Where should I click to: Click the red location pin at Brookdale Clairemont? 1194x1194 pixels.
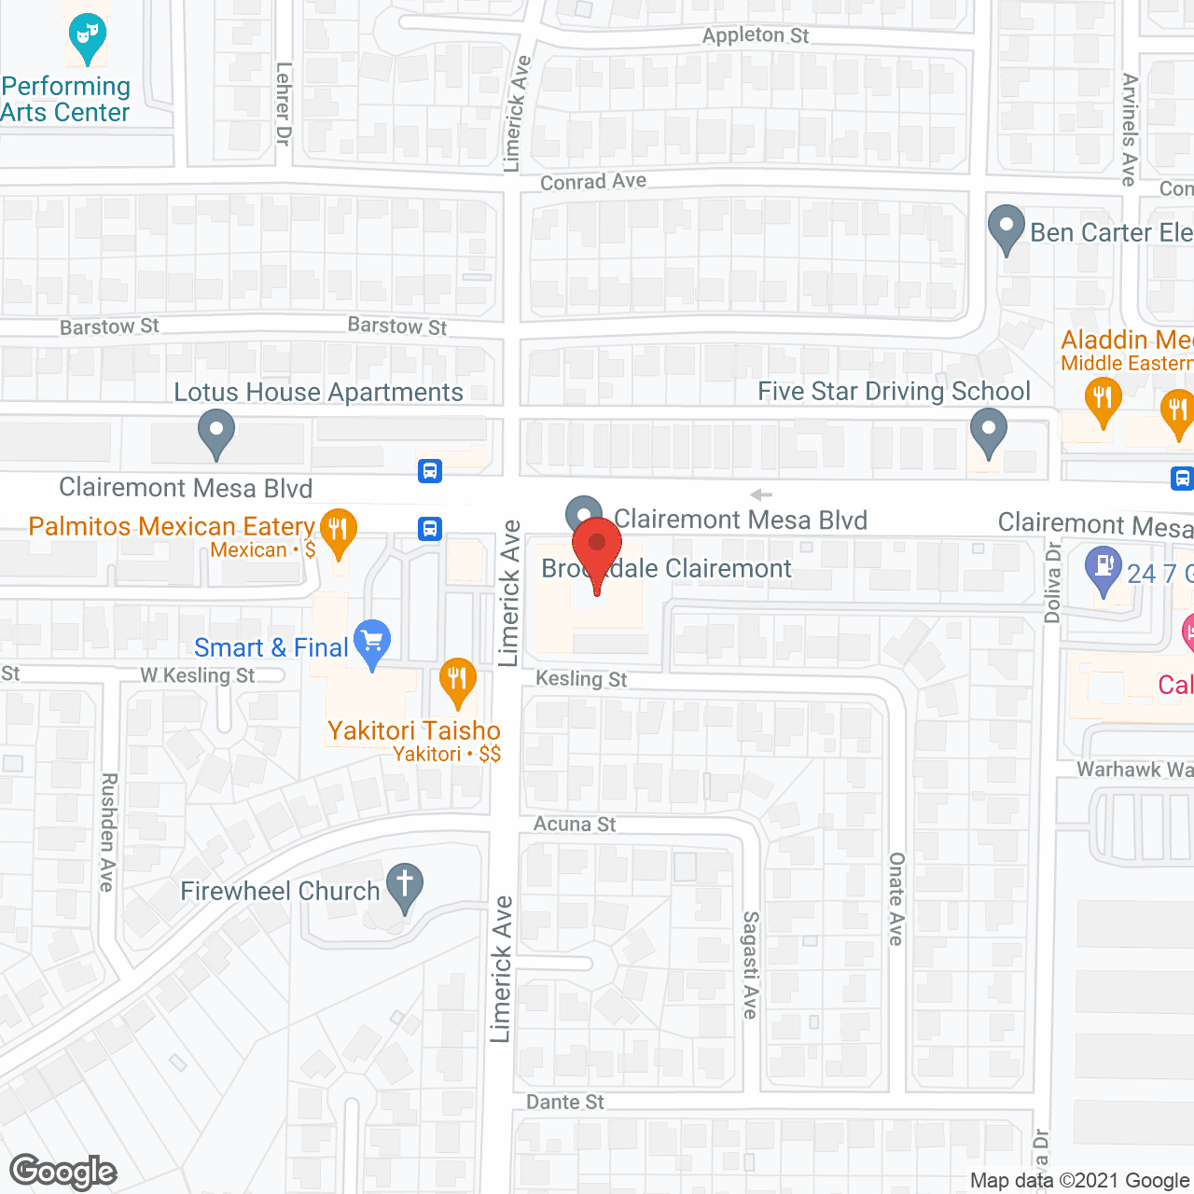[597, 548]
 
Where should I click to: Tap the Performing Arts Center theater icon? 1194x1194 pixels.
[87, 35]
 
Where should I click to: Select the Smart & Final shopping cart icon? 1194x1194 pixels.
[372, 642]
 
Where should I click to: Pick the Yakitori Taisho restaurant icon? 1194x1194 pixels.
[457, 680]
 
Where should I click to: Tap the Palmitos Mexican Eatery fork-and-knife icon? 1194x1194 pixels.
[338, 530]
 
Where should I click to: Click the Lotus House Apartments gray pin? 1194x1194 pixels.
[216, 433]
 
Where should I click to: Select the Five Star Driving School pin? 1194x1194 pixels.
[989, 433]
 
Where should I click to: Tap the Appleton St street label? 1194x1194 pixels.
[756, 35]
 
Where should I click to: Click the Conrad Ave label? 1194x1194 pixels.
[593, 182]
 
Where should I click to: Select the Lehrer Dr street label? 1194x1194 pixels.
[285, 104]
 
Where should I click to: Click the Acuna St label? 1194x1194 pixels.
[575, 824]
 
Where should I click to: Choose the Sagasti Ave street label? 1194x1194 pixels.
[751, 965]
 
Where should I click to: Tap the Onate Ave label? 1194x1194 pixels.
[896, 898]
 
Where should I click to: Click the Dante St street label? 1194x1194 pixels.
[565, 1102]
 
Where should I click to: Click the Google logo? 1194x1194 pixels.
[63, 1172]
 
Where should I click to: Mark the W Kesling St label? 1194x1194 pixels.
[197, 675]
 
